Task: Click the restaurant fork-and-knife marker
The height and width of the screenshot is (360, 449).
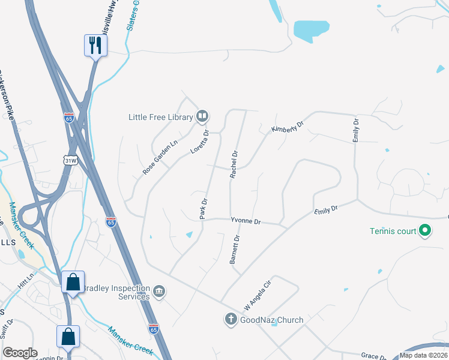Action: click(95, 45)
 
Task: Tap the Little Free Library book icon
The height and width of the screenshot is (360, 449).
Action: click(203, 116)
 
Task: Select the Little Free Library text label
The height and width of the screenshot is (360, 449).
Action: click(160, 117)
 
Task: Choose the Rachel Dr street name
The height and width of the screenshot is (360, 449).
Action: click(234, 164)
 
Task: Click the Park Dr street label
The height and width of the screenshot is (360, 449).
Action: click(203, 209)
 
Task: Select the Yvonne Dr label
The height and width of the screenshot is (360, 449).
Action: click(246, 221)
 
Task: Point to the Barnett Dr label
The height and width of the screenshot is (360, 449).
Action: click(235, 250)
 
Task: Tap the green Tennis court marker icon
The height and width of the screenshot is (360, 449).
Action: click(425, 230)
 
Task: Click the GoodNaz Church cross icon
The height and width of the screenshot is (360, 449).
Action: click(231, 320)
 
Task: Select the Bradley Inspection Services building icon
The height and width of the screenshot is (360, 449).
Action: click(159, 292)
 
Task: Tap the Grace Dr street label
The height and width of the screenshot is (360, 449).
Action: click(373, 356)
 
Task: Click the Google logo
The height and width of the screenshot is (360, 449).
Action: click(20, 353)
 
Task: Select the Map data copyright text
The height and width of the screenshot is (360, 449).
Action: click(424, 356)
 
